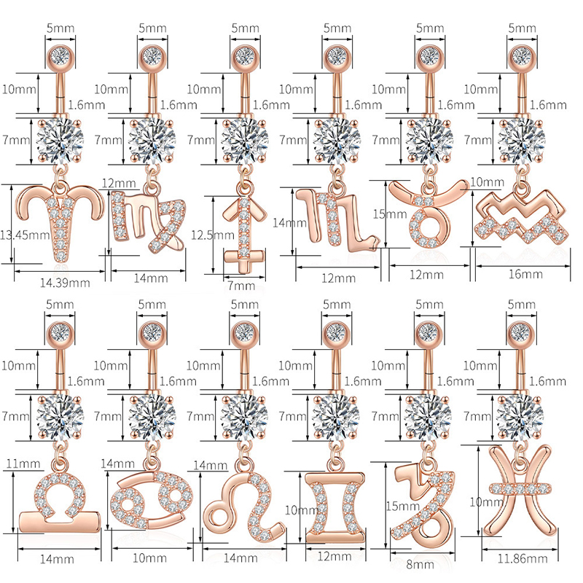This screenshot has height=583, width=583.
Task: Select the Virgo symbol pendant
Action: click(x=149, y=222)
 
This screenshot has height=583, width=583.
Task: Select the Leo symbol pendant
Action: click(x=243, y=506)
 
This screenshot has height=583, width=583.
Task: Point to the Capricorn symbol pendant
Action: click(x=424, y=509)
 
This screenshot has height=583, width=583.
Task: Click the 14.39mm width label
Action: click(x=65, y=283)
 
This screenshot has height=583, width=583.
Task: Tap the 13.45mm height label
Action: click(x=25, y=235)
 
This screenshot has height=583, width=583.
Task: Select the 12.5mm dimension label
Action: click(x=213, y=235)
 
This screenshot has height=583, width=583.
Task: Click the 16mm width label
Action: click(x=525, y=275)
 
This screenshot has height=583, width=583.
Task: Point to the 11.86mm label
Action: click(x=523, y=558)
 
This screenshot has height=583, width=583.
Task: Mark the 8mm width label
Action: click(x=420, y=565)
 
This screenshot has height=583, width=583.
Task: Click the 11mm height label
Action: click(x=23, y=463)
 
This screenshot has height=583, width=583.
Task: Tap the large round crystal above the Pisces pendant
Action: click(x=520, y=415)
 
